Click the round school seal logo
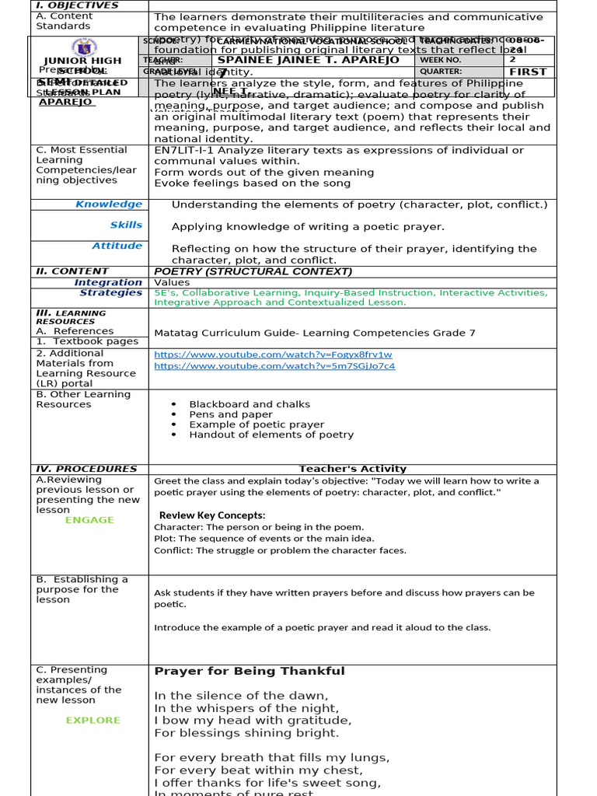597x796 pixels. point(83,47)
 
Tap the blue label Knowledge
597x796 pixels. point(109,204)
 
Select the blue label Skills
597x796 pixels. point(126,225)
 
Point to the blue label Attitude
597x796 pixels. point(117,246)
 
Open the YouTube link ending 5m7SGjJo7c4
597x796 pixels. point(274,366)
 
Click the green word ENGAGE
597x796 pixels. point(89,520)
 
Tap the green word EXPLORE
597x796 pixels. point(93,721)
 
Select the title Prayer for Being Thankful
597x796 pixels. point(249,672)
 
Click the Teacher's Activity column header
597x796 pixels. point(352,469)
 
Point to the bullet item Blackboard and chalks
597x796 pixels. point(250,404)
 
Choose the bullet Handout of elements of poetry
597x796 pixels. point(271,435)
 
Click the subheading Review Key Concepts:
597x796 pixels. point(212,515)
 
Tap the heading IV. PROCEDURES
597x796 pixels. point(86,469)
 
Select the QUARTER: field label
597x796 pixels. point(441,72)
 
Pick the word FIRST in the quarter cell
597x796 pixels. point(528,72)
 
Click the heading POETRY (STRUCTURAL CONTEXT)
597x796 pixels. point(253,271)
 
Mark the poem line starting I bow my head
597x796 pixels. point(253,721)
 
